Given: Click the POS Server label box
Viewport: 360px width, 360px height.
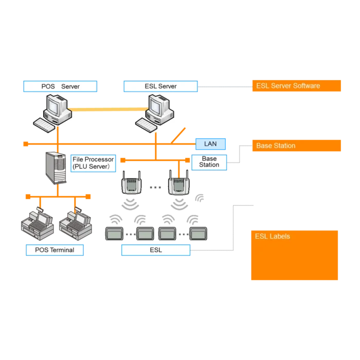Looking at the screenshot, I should pos(60,86).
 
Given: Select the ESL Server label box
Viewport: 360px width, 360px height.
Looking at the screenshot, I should pos(160,86).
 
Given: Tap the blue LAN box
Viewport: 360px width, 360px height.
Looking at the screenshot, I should pos(210,144).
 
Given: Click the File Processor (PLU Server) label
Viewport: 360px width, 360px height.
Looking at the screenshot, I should pos(93,163).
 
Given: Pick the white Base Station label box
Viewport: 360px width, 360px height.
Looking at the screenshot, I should pos(209,162).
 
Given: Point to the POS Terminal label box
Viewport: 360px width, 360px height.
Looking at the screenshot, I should pos(55,250).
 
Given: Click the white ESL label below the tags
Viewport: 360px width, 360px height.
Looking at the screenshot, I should pos(155,250).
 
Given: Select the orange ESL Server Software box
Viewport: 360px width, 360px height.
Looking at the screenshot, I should pos(296,86).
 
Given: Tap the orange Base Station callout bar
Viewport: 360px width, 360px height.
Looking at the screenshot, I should pos(296,146).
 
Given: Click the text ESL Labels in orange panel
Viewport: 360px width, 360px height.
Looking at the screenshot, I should pos(273,237).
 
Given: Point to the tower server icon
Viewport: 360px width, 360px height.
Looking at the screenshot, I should pos(56,168).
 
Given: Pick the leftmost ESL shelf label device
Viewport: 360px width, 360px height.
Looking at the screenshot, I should pos(113,234).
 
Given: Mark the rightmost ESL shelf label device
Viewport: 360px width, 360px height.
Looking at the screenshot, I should pos(197,234).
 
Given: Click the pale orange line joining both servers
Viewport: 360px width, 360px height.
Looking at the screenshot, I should pos(108,110).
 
